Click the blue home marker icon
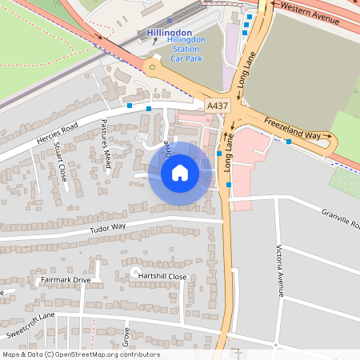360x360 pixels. [x=180, y=172]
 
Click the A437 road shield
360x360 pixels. [x=217, y=106]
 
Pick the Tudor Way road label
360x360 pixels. [x=108, y=227]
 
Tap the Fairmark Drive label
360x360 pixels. [x=66, y=280]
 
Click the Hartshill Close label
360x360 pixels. [x=162, y=276]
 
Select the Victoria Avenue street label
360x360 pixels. [x=280, y=270]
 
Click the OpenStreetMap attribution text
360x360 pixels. [x=80, y=354]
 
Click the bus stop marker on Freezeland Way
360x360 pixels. [x=288, y=142]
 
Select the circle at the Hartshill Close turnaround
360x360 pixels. [x=134, y=273]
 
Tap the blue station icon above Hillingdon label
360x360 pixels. [x=170, y=22]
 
